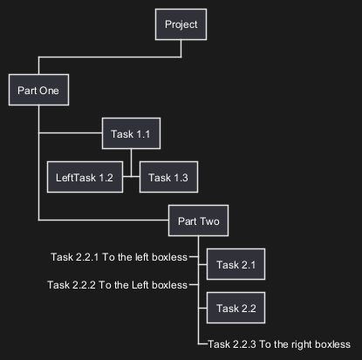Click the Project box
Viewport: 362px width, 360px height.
tap(181, 24)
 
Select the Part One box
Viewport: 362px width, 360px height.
tap(38, 90)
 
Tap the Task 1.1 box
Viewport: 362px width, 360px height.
tap(131, 133)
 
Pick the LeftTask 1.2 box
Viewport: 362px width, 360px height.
tap(85, 177)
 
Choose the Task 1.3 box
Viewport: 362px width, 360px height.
tap(168, 177)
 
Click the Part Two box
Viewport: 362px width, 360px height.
tap(198, 221)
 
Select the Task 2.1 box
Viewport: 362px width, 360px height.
tap(236, 264)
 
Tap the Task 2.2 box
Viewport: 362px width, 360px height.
tap(236, 308)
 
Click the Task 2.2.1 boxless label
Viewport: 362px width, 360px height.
tap(119, 257)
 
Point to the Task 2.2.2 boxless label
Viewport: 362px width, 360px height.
tap(117, 285)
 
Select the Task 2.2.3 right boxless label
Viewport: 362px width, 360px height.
tap(279, 344)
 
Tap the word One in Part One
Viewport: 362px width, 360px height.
tap(49, 91)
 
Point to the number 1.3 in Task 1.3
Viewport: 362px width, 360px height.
tap(181, 178)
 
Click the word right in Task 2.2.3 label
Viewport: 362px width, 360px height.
tap(301, 345)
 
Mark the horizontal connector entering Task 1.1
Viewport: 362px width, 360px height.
tap(71, 133)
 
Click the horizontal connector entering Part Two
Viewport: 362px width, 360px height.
tap(104, 220)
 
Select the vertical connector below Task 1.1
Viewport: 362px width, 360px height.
tap(131, 163)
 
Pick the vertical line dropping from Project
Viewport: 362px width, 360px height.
tap(181, 49)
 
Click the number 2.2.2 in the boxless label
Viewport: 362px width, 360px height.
tap(85, 285)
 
